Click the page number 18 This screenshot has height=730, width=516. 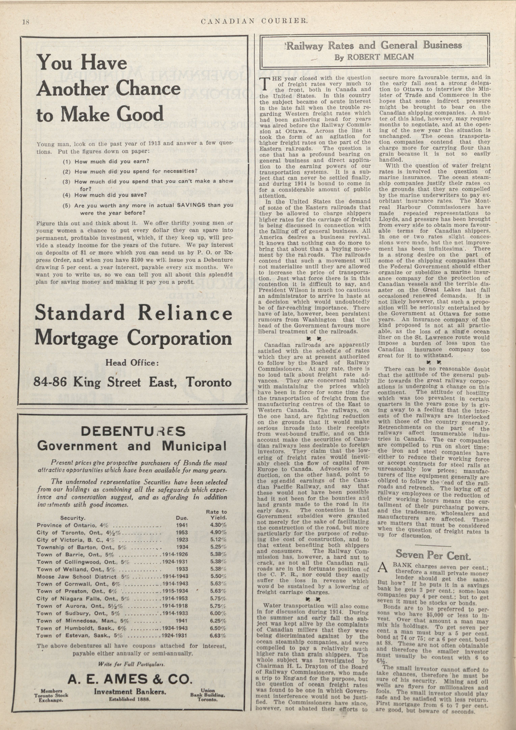click(x=26, y=22)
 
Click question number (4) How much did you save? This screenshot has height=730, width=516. click(x=105, y=194)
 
